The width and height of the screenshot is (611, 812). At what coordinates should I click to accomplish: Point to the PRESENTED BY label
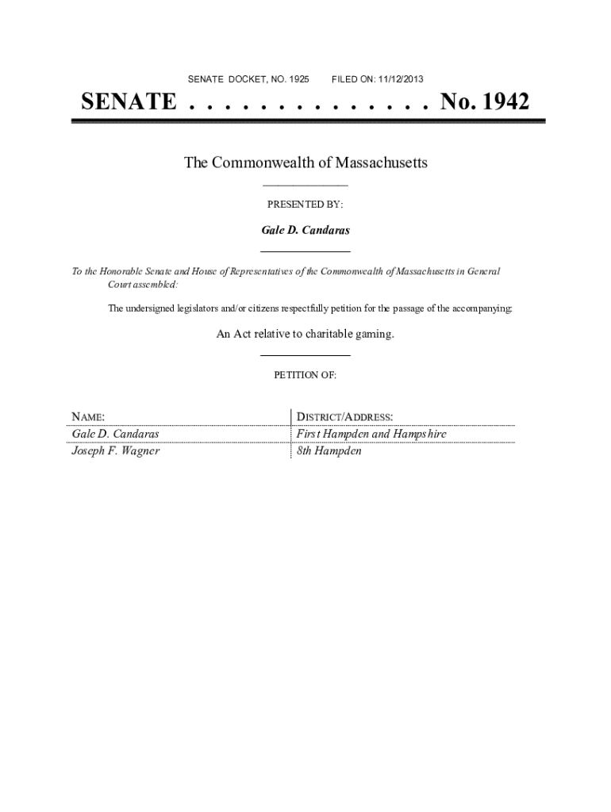(305, 205)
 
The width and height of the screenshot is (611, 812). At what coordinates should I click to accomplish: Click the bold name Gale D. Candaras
(305, 231)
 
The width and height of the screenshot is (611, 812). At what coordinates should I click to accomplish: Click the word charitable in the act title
(325, 335)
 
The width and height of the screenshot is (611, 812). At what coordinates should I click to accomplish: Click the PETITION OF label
(305, 376)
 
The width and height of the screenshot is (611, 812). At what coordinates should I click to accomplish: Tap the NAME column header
(88, 416)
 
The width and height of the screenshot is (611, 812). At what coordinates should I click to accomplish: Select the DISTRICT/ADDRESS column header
(344, 416)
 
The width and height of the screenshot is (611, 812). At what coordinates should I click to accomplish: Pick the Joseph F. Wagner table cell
(116, 451)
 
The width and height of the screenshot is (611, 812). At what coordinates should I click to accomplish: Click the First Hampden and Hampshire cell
(371, 434)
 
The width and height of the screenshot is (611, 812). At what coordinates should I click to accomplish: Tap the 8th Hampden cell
(329, 451)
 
